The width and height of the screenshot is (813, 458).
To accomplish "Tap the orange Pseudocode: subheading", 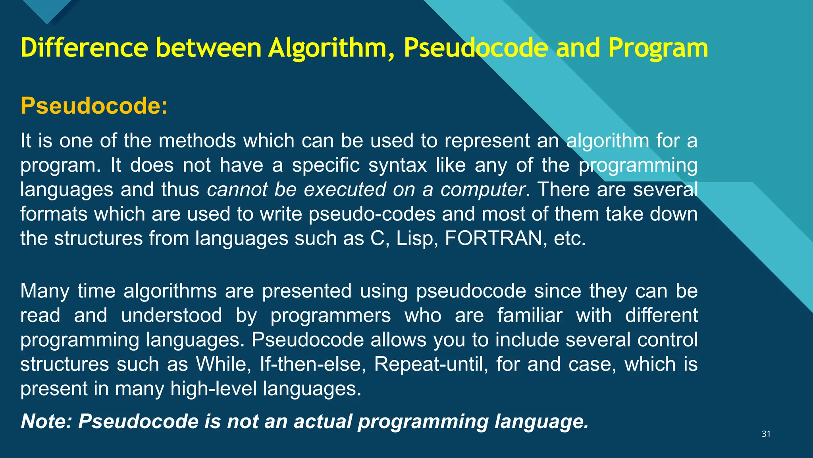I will (94, 106).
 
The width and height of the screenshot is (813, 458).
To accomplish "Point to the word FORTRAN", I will (493, 239).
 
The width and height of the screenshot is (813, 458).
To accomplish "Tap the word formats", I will (54, 214).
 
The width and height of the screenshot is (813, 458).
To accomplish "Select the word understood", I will (171, 316).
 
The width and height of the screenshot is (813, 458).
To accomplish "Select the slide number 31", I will (766, 434).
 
